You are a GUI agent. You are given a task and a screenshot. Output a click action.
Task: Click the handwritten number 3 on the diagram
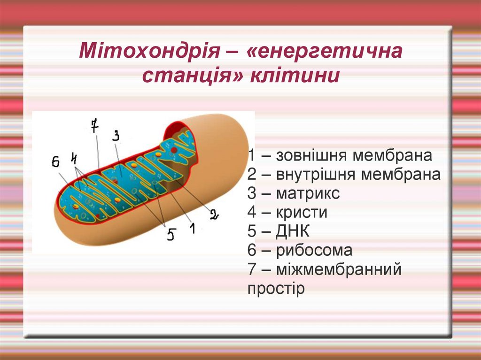(116, 136)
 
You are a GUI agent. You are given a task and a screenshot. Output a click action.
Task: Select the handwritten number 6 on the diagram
(55, 162)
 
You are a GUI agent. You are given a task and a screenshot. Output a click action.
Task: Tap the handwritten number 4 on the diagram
(74, 158)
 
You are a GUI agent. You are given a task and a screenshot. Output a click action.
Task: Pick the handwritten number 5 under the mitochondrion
(171, 234)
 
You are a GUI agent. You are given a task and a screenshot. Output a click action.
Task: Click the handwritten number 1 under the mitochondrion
(192, 228)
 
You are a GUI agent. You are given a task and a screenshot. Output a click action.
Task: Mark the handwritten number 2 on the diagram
(214, 214)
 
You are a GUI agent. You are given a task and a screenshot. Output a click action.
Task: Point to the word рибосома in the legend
(314, 250)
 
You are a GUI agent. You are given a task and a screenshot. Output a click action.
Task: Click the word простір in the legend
(276, 288)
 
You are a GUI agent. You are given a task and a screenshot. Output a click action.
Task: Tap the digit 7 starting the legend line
(252, 269)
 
